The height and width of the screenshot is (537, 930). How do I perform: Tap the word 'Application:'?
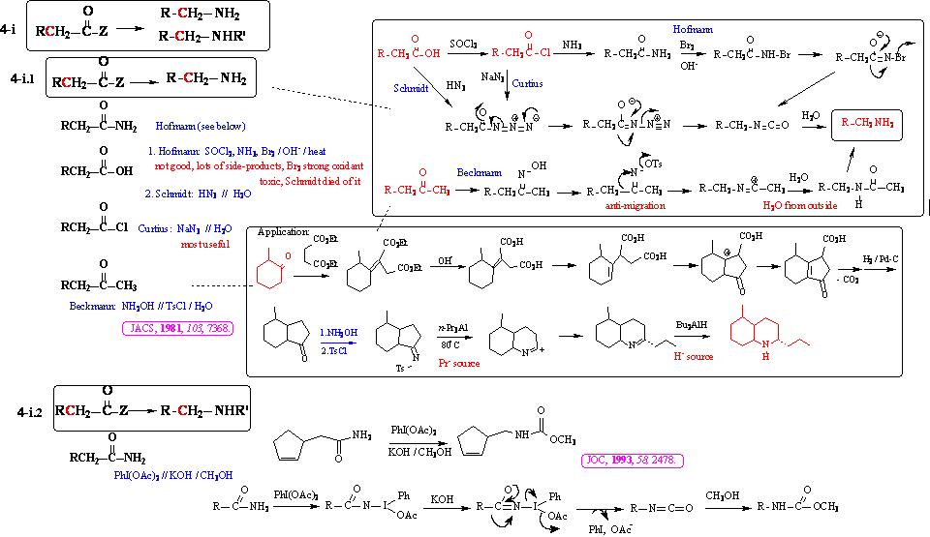click(x=281, y=233)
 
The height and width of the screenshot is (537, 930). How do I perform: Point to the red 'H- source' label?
click(x=692, y=356)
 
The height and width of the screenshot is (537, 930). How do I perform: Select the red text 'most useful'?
click(x=207, y=246)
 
